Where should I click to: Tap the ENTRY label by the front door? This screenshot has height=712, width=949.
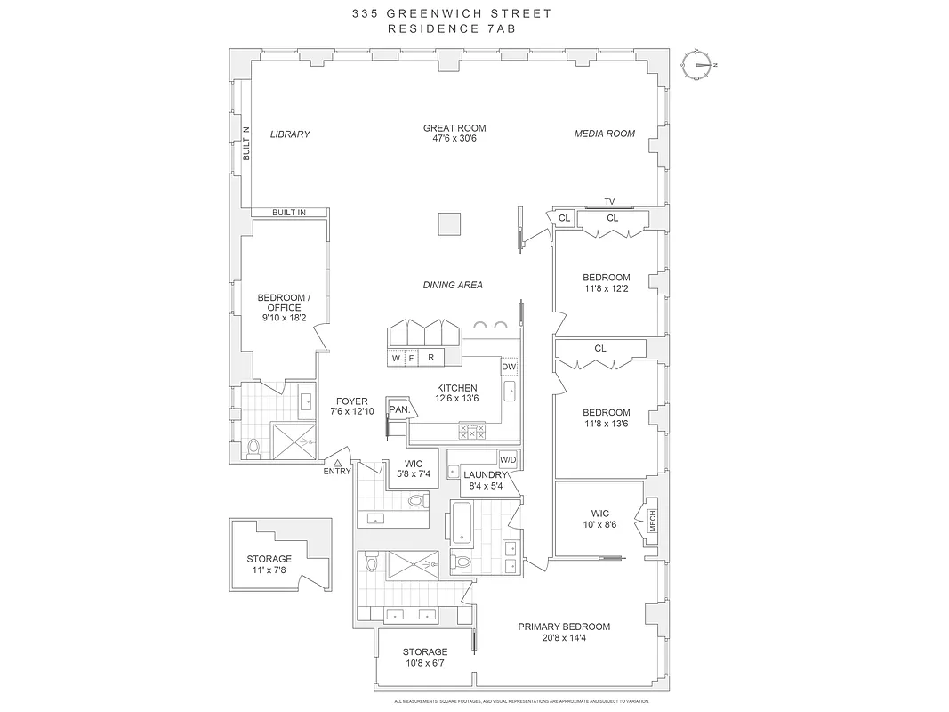pyautogui.click(x=337, y=472)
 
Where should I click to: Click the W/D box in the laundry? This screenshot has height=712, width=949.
pyautogui.click(x=508, y=460)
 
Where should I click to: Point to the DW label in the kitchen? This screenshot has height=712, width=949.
pyautogui.click(x=509, y=367)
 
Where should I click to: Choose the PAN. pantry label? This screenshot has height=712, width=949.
pyautogui.click(x=398, y=409)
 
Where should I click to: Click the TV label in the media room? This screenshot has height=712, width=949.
pyautogui.click(x=609, y=202)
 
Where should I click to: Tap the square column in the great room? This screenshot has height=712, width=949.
pyautogui.click(x=451, y=223)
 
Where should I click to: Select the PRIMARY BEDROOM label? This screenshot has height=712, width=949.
pyautogui.click(x=564, y=627)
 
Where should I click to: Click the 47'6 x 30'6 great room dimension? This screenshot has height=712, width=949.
pyautogui.click(x=454, y=141)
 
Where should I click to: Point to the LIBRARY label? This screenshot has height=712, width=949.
pyautogui.click(x=290, y=134)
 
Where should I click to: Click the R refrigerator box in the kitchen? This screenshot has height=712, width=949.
pyautogui.click(x=431, y=358)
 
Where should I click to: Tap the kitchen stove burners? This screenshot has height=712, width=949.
pyautogui.click(x=471, y=431)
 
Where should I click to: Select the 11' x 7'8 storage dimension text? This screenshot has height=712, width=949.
pyautogui.click(x=269, y=571)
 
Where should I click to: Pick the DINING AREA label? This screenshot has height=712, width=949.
pyautogui.click(x=453, y=285)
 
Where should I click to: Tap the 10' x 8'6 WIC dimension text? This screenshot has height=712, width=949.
pyautogui.click(x=599, y=525)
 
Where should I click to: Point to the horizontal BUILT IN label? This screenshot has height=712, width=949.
pyautogui.click(x=289, y=213)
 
